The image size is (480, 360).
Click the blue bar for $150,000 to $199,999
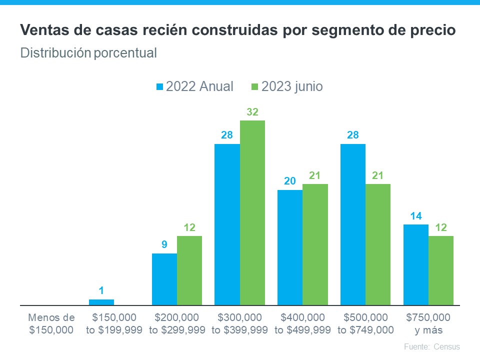pyautogui.click(x=101, y=302)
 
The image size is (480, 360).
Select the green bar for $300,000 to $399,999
pyautogui.click(x=252, y=212)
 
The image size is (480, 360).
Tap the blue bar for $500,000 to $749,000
pyautogui.click(x=353, y=224)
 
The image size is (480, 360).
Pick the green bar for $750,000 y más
pyautogui.click(x=441, y=270)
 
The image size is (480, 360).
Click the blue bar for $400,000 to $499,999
pyautogui.click(x=290, y=247)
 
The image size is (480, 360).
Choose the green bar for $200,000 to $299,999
pyautogui.click(x=189, y=270)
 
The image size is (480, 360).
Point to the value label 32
pyautogui.click(x=252, y=112)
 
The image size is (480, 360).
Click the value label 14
pyautogui.click(x=415, y=216)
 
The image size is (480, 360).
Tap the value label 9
pyautogui.click(x=164, y=245)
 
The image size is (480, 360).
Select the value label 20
pyautogui.click(x=290, y=181)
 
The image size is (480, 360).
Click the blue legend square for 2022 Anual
pyautogui.click(x=160, y=86)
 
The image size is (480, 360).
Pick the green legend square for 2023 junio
pyautogui.click(x=254, y=86)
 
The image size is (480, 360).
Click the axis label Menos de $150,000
pyautogui.click(x=51, y=323)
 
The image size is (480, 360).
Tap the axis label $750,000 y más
pyautogui.click(x=428, y=323)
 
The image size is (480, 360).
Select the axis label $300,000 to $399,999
pyautogui.click(x=240, y=323)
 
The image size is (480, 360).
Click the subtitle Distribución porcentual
pyautogui.click(x=88, y=52)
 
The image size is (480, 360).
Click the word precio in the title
pyautogui.click(x=435, y=30)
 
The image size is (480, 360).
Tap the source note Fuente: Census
pyautogui.click(x=431, y=346)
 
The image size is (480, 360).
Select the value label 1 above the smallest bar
pyautogui.click(x=101, y=290)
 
